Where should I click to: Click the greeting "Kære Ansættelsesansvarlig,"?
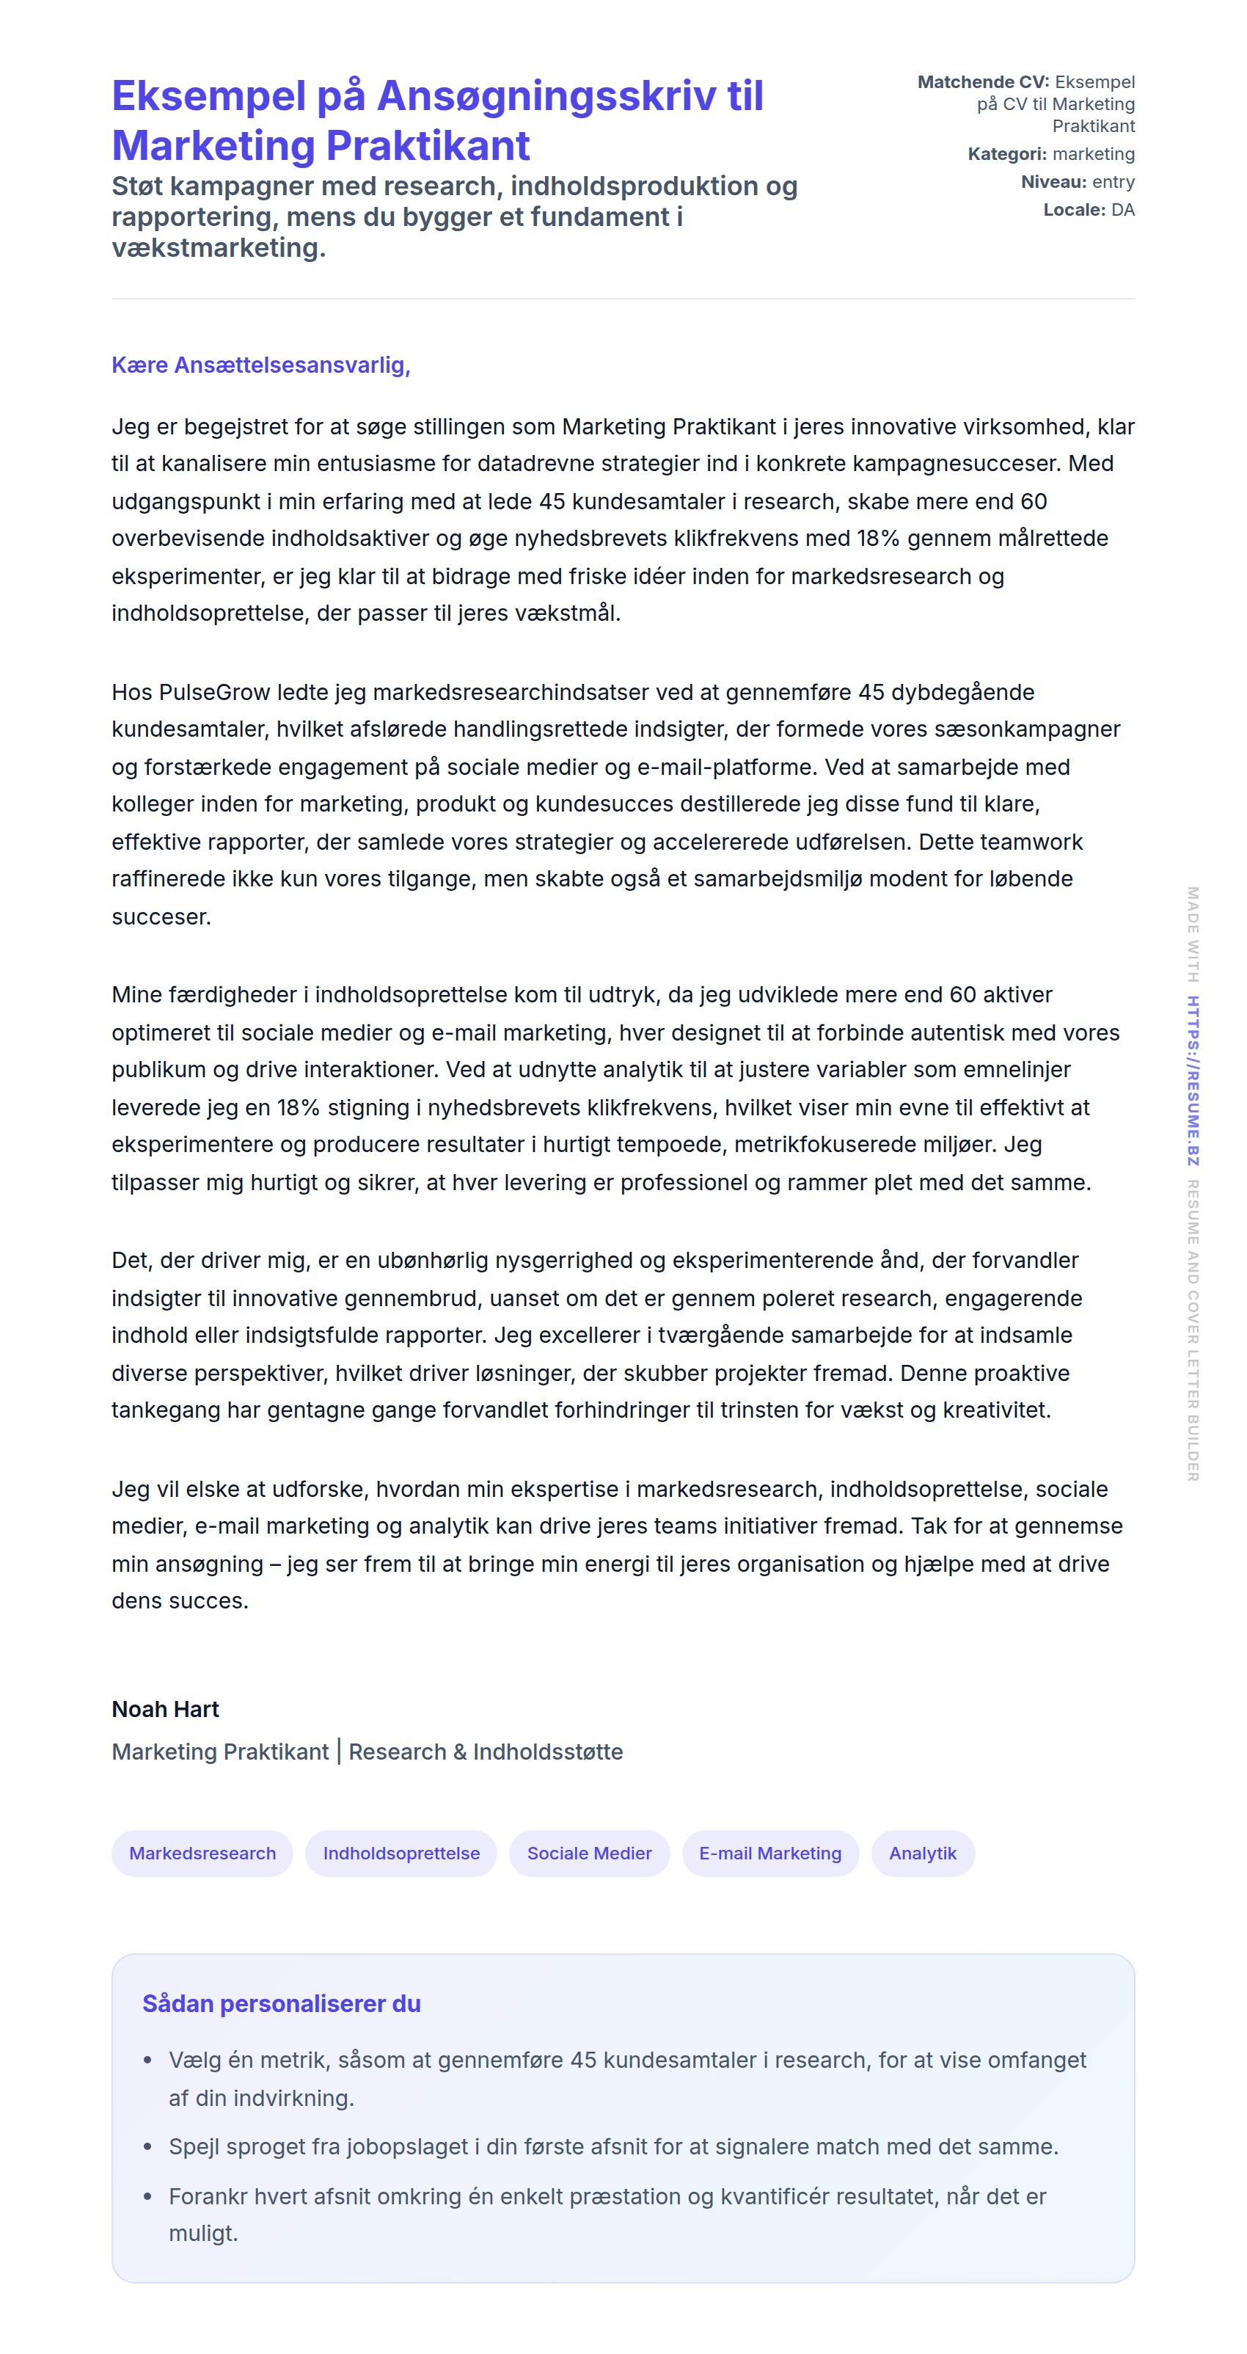(x=260, y=365)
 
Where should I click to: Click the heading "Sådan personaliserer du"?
(x=282, y=2003)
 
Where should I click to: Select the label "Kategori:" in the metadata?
(x=1006, y=153)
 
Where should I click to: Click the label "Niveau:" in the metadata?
(x=1053, y=182)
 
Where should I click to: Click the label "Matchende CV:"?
(x=983, y=82)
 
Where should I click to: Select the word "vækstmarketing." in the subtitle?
(x=219, y=247)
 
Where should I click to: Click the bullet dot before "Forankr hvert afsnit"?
(x=147, y=2196)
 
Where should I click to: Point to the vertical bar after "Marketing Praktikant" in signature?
(x=339, y=1751)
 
